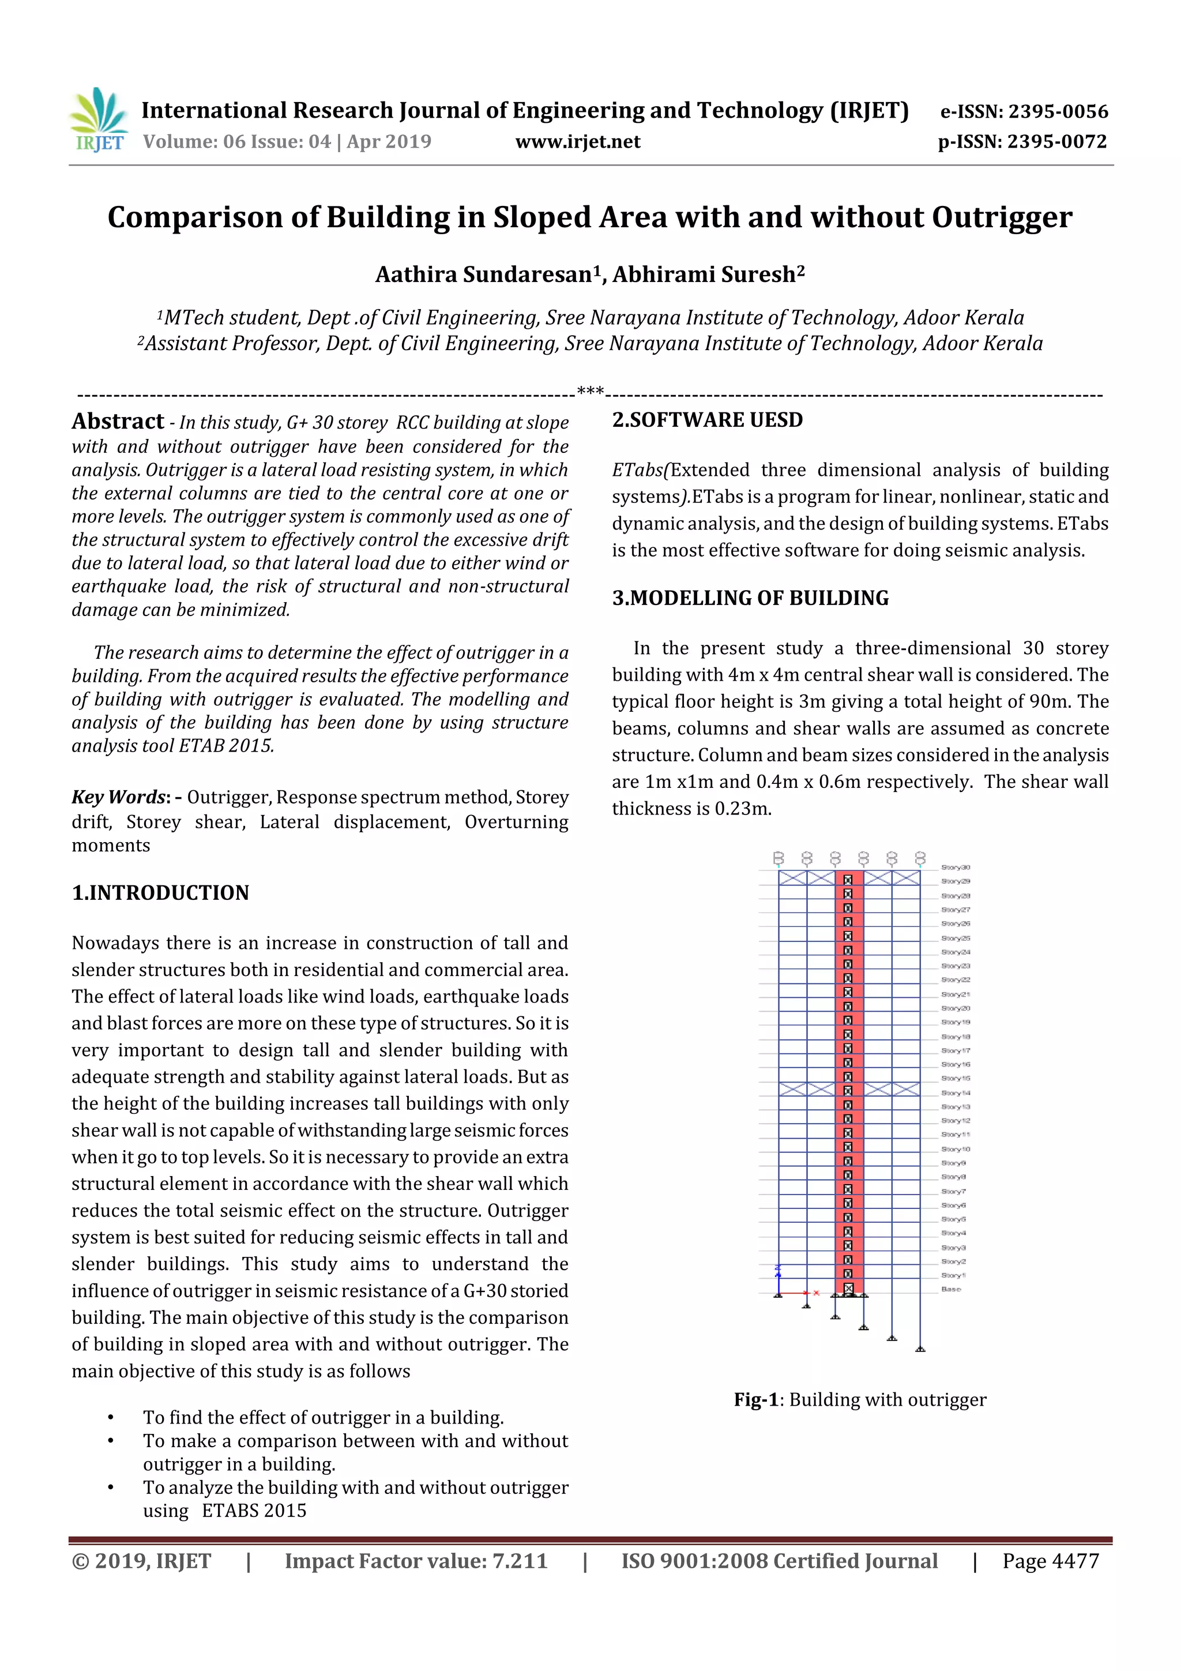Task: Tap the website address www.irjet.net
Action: (x=578, y=141)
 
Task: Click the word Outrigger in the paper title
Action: (x=1002, y=217)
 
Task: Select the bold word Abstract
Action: (x=118, y=422)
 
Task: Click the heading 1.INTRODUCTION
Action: (x=160, y=892)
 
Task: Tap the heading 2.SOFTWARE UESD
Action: (x=708, y=420)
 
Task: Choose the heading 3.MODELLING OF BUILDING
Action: (x=750, y=598)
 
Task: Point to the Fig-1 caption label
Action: (x=756, y=1399)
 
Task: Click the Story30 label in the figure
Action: (x=956, y=868)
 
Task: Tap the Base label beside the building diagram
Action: (x=951, y=1289)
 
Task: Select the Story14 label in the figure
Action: (x=956, y=1092)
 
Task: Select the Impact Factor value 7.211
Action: (x=520, y=1561)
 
